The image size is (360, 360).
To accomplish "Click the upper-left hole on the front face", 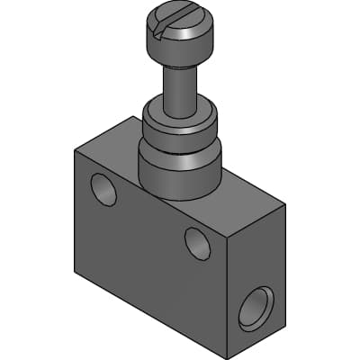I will pos(103,189).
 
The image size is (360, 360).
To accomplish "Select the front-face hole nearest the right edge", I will pos(198,242).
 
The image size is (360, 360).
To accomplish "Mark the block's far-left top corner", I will pos(74,149).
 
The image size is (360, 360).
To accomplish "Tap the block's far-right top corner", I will pos(286,205).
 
